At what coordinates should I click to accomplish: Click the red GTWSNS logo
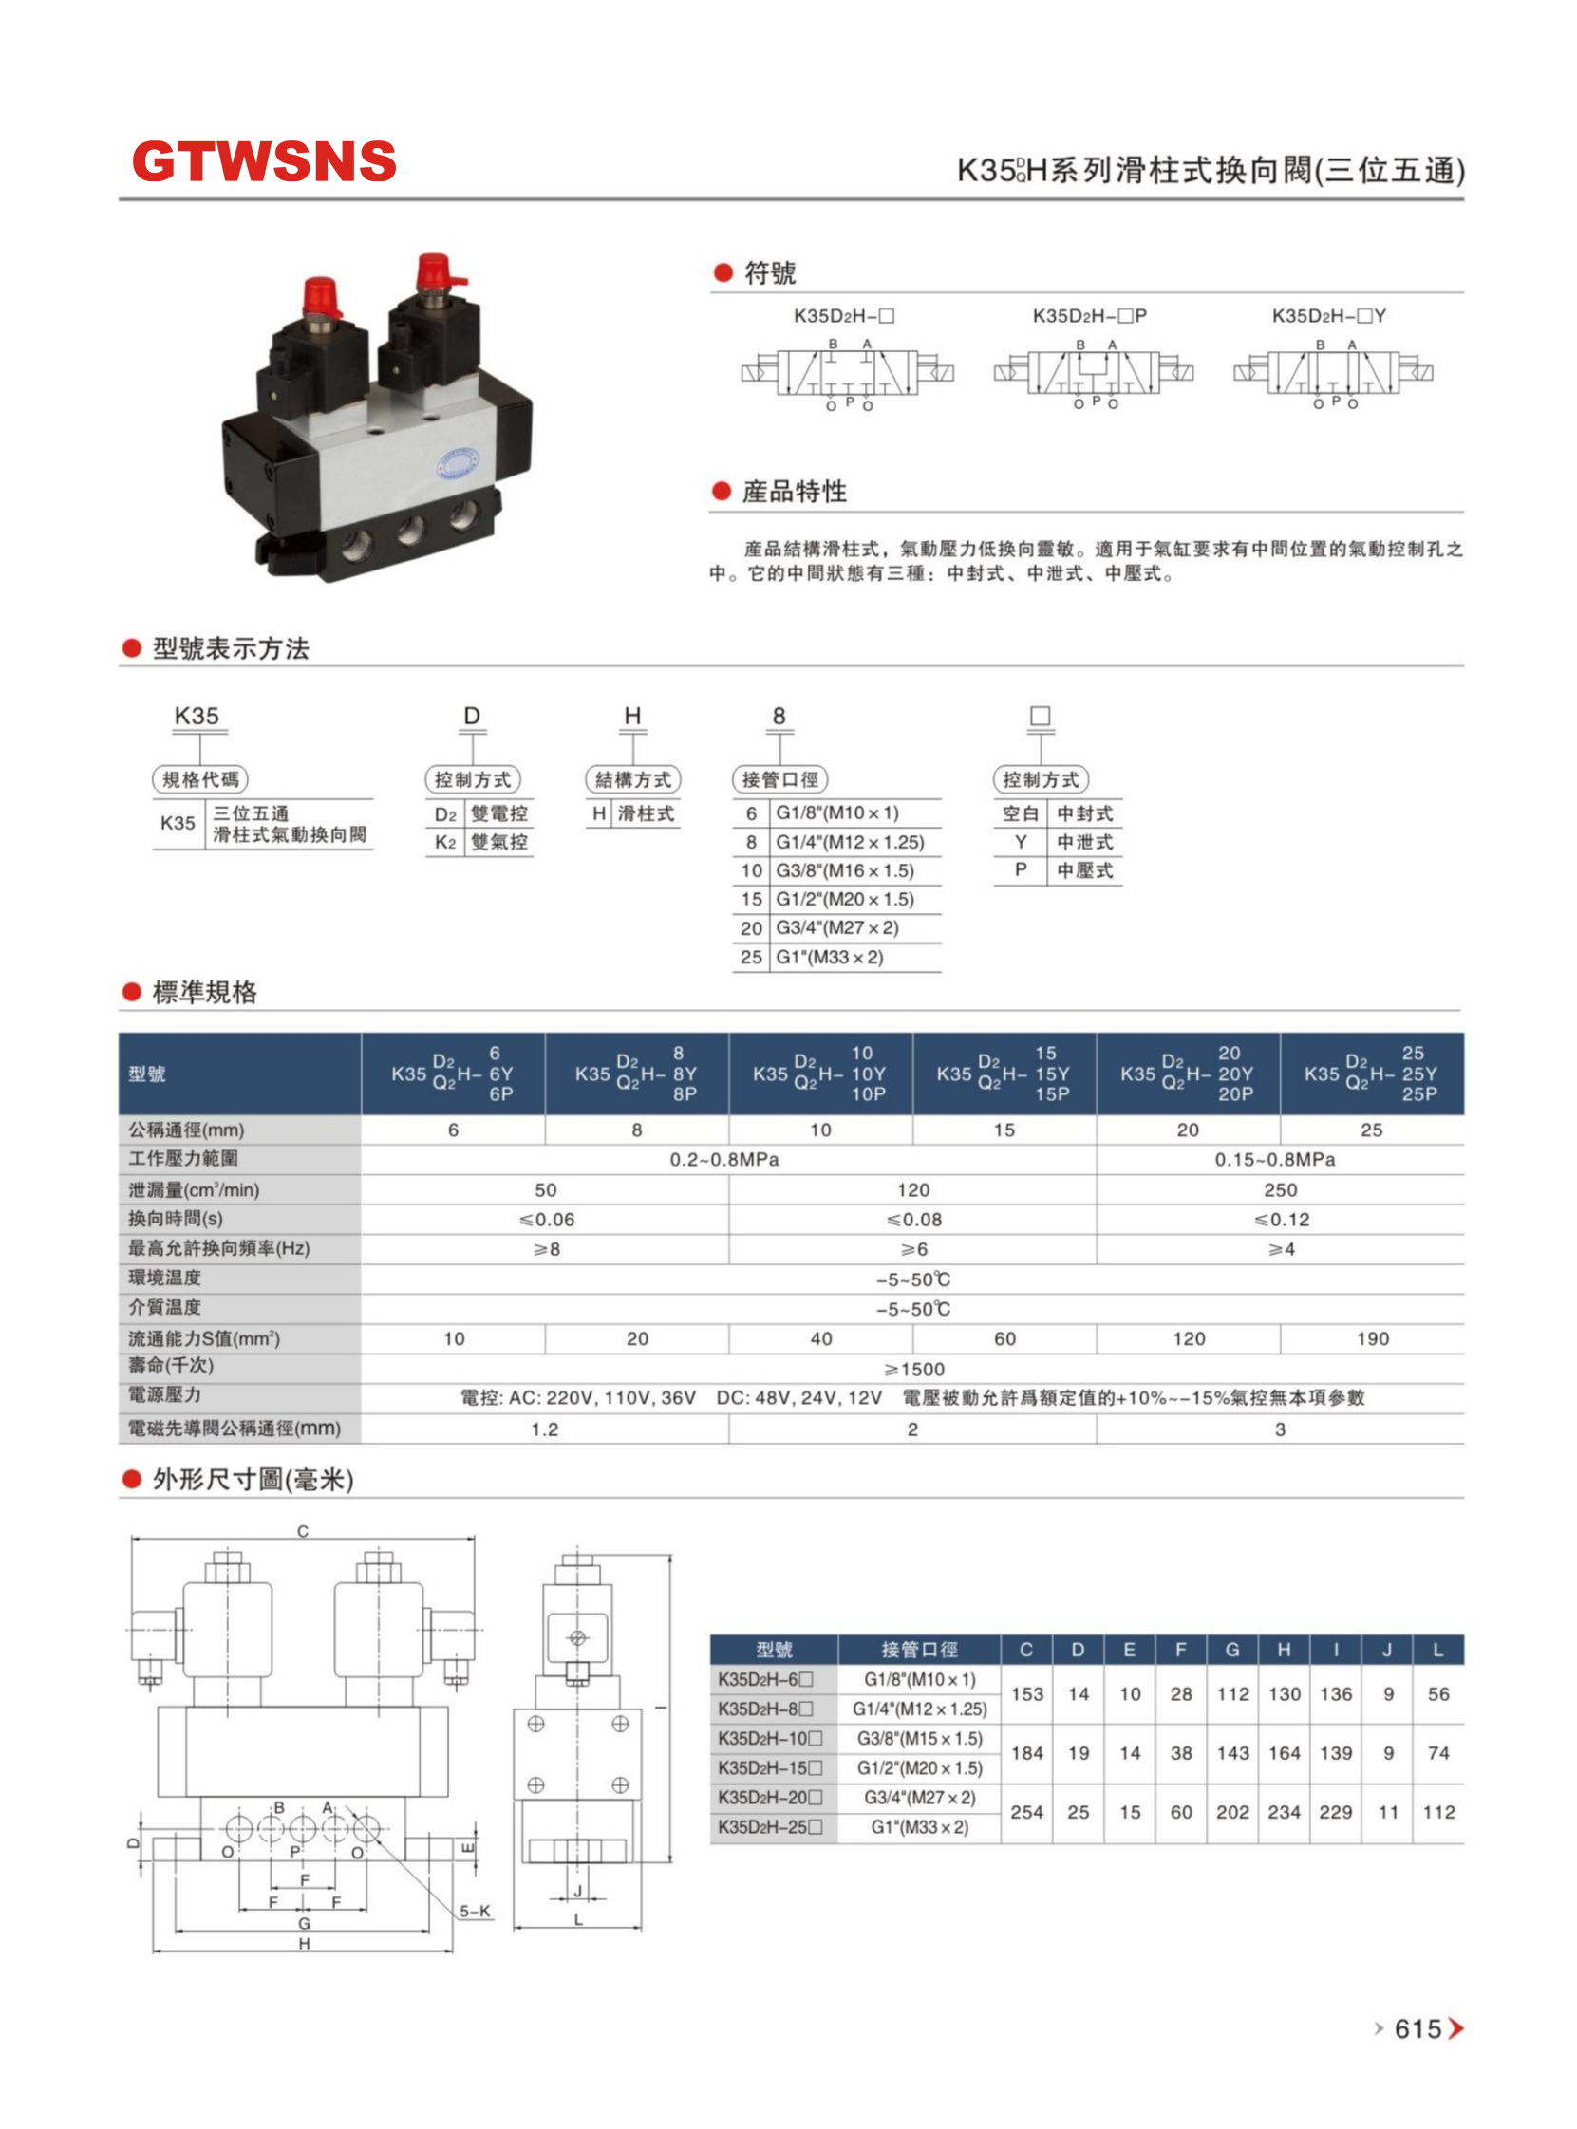264,161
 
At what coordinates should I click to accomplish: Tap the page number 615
1417,2028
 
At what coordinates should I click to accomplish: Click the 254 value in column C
1026,1812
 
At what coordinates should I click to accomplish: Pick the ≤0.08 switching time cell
913,1220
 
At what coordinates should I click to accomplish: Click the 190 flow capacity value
1372,1339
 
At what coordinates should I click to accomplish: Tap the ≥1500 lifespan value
913,1370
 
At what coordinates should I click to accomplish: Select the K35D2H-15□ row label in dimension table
769,1768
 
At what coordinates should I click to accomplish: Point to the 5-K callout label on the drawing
475,1912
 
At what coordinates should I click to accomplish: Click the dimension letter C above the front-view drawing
303,1532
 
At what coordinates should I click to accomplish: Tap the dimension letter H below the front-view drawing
304,1944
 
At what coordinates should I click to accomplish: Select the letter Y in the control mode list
1021,842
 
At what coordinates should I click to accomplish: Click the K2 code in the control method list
445,842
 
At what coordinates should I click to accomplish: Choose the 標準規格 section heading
204,993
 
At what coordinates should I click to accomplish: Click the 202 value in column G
1232,1812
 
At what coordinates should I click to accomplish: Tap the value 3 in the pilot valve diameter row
1280,1429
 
